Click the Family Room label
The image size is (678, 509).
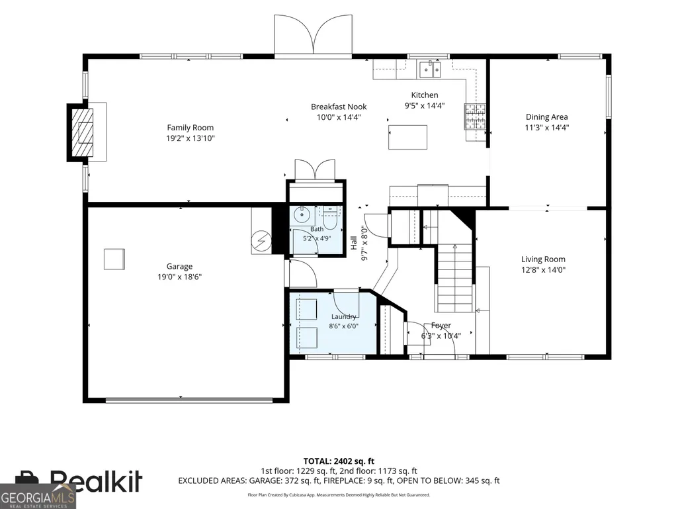(x=191, y=128)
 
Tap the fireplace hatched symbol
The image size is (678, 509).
(x=82, y=132)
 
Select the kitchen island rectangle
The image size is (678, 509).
(x=407, y=137)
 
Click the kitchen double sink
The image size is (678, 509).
(x=430, y=69)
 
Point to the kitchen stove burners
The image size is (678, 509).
(x=475, y=116)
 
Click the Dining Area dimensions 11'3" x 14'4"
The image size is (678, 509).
(x=547, y=128)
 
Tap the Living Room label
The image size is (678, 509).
(x=543, y=259)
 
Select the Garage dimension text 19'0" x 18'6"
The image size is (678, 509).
(x=179, y=277)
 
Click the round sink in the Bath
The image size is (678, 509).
(x=302, y=214)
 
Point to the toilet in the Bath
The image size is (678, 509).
(x=330, y=218)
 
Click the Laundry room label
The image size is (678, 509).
(x=344, y=317)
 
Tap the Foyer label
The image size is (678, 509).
(x=441, y=326)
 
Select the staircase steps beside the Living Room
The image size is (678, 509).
(x=454, y=277)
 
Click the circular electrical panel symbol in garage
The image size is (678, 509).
(x=261, y=241)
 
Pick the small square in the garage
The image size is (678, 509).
(x=114, y=259)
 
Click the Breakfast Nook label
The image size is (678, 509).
(x=339, y=107)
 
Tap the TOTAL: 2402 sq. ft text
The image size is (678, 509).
(x=339, y=461)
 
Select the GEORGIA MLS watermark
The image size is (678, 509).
(x=38, y=497)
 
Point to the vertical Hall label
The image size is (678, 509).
(x=354, y=243)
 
